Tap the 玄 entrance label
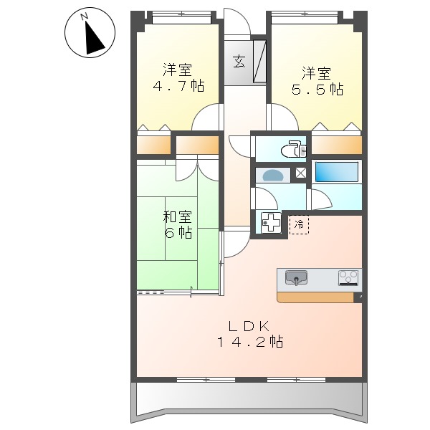[x=238, y=61]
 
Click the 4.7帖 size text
[x=178, y=87]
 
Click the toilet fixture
[x=293, y=150]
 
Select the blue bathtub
[x=336, y=173]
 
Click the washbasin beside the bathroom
[x=274, y=175]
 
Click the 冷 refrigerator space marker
[x=300, y=224]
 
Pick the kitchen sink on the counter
[x=296, y=277]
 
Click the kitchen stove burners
[x=348, y=277]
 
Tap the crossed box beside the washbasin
[x=300, y=173]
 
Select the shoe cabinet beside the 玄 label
[x=259, y=62]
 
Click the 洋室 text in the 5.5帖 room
[x=316, y=72]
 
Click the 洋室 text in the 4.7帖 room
[x=178, y=70]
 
